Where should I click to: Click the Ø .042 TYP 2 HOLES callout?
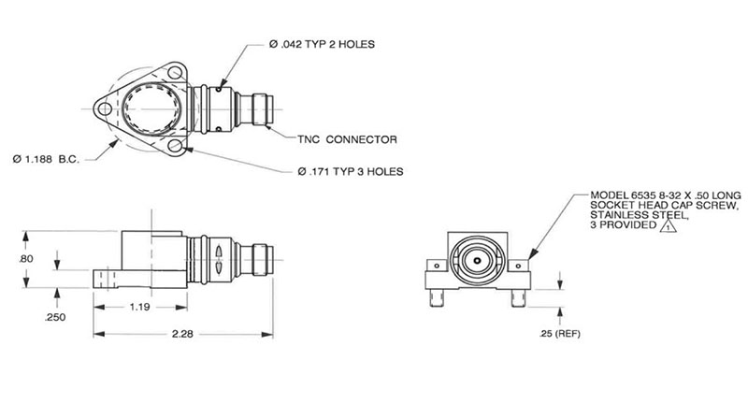click(x=322, y=44)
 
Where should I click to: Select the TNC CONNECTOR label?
click(x=347, y=140)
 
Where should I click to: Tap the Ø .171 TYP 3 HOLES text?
click(x=351, y=172)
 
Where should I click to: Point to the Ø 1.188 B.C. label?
click(x=46, y=159)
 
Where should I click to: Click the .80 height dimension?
click(x=26, y=259)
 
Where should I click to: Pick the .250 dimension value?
click(x=55, y=317)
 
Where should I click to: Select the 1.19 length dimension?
click(x=139, y=307)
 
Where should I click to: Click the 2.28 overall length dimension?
click(x=182, y=334)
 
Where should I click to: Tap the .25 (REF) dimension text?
click(x=560, y=334)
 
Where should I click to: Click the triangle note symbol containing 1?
click(x=669, y=226)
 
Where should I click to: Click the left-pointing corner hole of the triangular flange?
click(x=105, y=109)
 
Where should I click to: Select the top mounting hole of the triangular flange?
click(x=175, y=73)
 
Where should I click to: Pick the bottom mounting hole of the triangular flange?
click(x=175, y=145)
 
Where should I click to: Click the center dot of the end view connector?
click(x=477, y=261)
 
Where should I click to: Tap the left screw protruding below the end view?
click(x=437, y=297)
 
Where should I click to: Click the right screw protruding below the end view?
click(x=518, y=297)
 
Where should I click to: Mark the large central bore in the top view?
click(x=151, y=108)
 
